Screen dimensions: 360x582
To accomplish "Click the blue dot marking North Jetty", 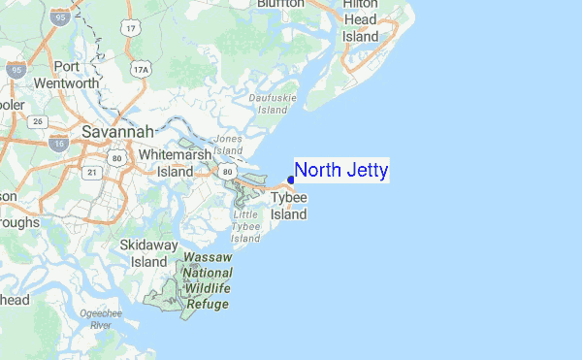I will click(291, 180).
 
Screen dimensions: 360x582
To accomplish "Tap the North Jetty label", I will click(341, 172).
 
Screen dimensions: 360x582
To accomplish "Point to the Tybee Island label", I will click(289, 206).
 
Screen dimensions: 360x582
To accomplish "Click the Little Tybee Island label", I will click(246, 226).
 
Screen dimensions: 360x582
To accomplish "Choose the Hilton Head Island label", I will click(360, 20).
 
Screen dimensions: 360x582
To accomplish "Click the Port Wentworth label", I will click(66, 75).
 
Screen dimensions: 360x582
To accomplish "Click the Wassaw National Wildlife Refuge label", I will click(206, 282).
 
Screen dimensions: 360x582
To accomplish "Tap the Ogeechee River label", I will click(100, 318).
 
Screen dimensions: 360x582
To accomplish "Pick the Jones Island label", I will click(230, 144).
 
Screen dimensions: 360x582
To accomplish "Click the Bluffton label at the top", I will click(280, 4).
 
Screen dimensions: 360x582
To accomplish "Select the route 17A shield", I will click(143, 69).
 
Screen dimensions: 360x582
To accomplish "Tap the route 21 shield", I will click(92, 172).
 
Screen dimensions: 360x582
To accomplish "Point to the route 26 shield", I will click(38, 121).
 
